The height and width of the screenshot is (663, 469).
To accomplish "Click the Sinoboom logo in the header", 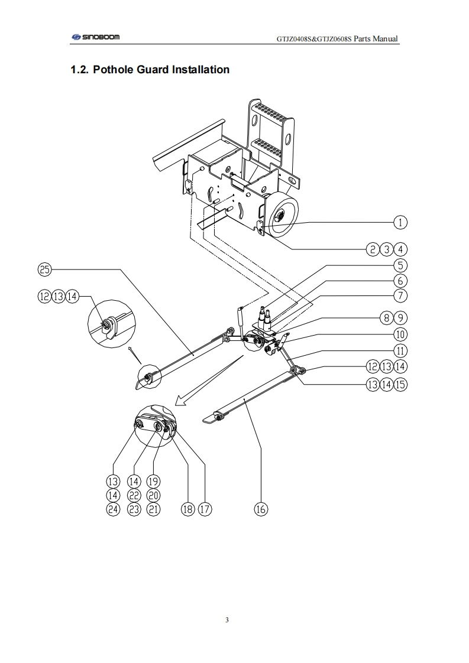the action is point(96,37).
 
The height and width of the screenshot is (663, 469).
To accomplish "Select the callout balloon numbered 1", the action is point(400,222).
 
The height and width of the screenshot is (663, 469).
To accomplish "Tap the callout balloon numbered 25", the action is point(44,269).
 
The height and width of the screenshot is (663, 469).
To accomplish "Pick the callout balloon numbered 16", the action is point(261,509).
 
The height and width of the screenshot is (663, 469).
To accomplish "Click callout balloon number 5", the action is point(400,265).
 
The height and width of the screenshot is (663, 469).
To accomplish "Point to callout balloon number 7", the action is point(400,295).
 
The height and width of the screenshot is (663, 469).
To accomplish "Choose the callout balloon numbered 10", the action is point(400,334).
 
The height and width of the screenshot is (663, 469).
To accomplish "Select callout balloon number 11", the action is point(400,351).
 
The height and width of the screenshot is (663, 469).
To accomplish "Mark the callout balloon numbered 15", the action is point(400,385).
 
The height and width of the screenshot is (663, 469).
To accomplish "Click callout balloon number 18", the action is point(188,509).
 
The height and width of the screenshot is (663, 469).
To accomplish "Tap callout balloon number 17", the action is point(205,509).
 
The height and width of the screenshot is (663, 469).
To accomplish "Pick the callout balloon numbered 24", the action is point(113,509).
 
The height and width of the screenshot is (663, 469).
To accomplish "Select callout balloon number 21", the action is point(153,509).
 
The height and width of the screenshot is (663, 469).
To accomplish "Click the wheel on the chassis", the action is point(281,218).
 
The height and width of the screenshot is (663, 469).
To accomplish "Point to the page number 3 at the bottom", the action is point(227,620).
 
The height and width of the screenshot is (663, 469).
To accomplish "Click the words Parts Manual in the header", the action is point(376,38).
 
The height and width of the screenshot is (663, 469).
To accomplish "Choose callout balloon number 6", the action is point(400,281).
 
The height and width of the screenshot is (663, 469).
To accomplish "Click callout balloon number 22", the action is point(134,495).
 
